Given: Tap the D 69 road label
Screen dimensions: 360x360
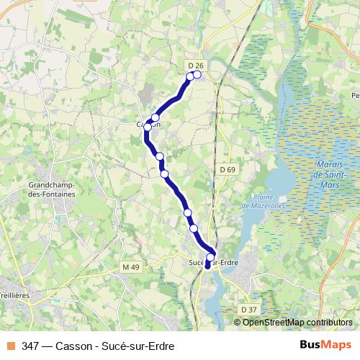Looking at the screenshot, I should point(228,169).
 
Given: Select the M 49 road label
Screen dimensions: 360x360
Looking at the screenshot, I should point(130,267).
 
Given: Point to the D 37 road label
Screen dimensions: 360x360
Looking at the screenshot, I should point(248,309).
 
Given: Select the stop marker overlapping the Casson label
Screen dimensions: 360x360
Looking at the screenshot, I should point(148,127).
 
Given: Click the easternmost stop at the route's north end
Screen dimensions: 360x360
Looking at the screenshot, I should point(197,74).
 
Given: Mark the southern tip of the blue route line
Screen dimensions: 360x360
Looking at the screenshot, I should point(207,267).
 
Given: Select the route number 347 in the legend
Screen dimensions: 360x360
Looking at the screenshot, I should point(30,346).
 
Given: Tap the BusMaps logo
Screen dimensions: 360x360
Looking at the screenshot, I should point(325,346).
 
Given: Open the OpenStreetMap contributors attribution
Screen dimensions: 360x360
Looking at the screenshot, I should point(297,322).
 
